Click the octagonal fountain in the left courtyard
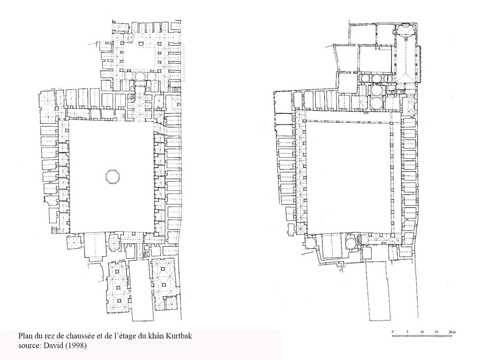[112, 176]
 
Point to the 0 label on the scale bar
[393, 332]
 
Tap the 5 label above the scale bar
[407, 332]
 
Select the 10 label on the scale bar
[422, 332]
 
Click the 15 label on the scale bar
[437, 332]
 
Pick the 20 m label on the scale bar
[452, 332]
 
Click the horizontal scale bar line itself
[422, 336]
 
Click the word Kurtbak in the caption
[179, 336]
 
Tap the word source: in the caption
[30, 346]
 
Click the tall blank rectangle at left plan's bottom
[141, 290]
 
